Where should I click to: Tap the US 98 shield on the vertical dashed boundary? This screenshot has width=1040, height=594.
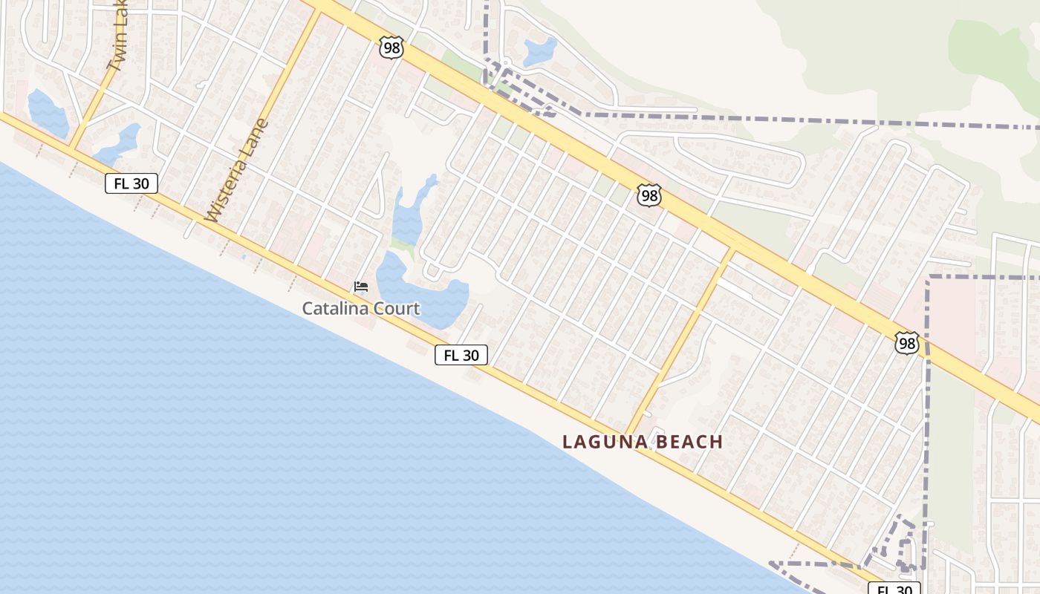click(x=907, y=342)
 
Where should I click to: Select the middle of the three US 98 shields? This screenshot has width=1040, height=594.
click(x=649, y=196)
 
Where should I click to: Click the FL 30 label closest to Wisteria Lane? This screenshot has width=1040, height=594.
click(x=131, y=183)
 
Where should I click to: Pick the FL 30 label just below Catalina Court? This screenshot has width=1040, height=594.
click(x=461, y=355)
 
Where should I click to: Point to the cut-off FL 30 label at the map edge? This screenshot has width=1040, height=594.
click(x=894, y=589)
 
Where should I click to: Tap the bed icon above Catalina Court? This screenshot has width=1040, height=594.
click(x=361, y=287)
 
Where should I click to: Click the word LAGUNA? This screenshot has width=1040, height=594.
click(x=602, y=442)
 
